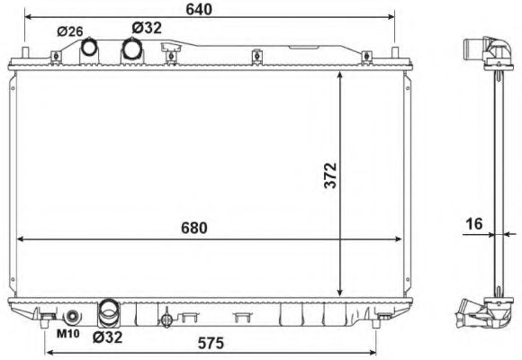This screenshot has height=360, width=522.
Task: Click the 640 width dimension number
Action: pyautogui.click(x=200, y=10)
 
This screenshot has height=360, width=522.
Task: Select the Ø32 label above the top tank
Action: pyautogui.click(x=146, y=28)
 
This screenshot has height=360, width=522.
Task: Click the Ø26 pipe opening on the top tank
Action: pyautogui.click(x=90, y=48)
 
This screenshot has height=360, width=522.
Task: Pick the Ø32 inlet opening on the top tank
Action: pyautogui.click(x=131, y=49)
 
